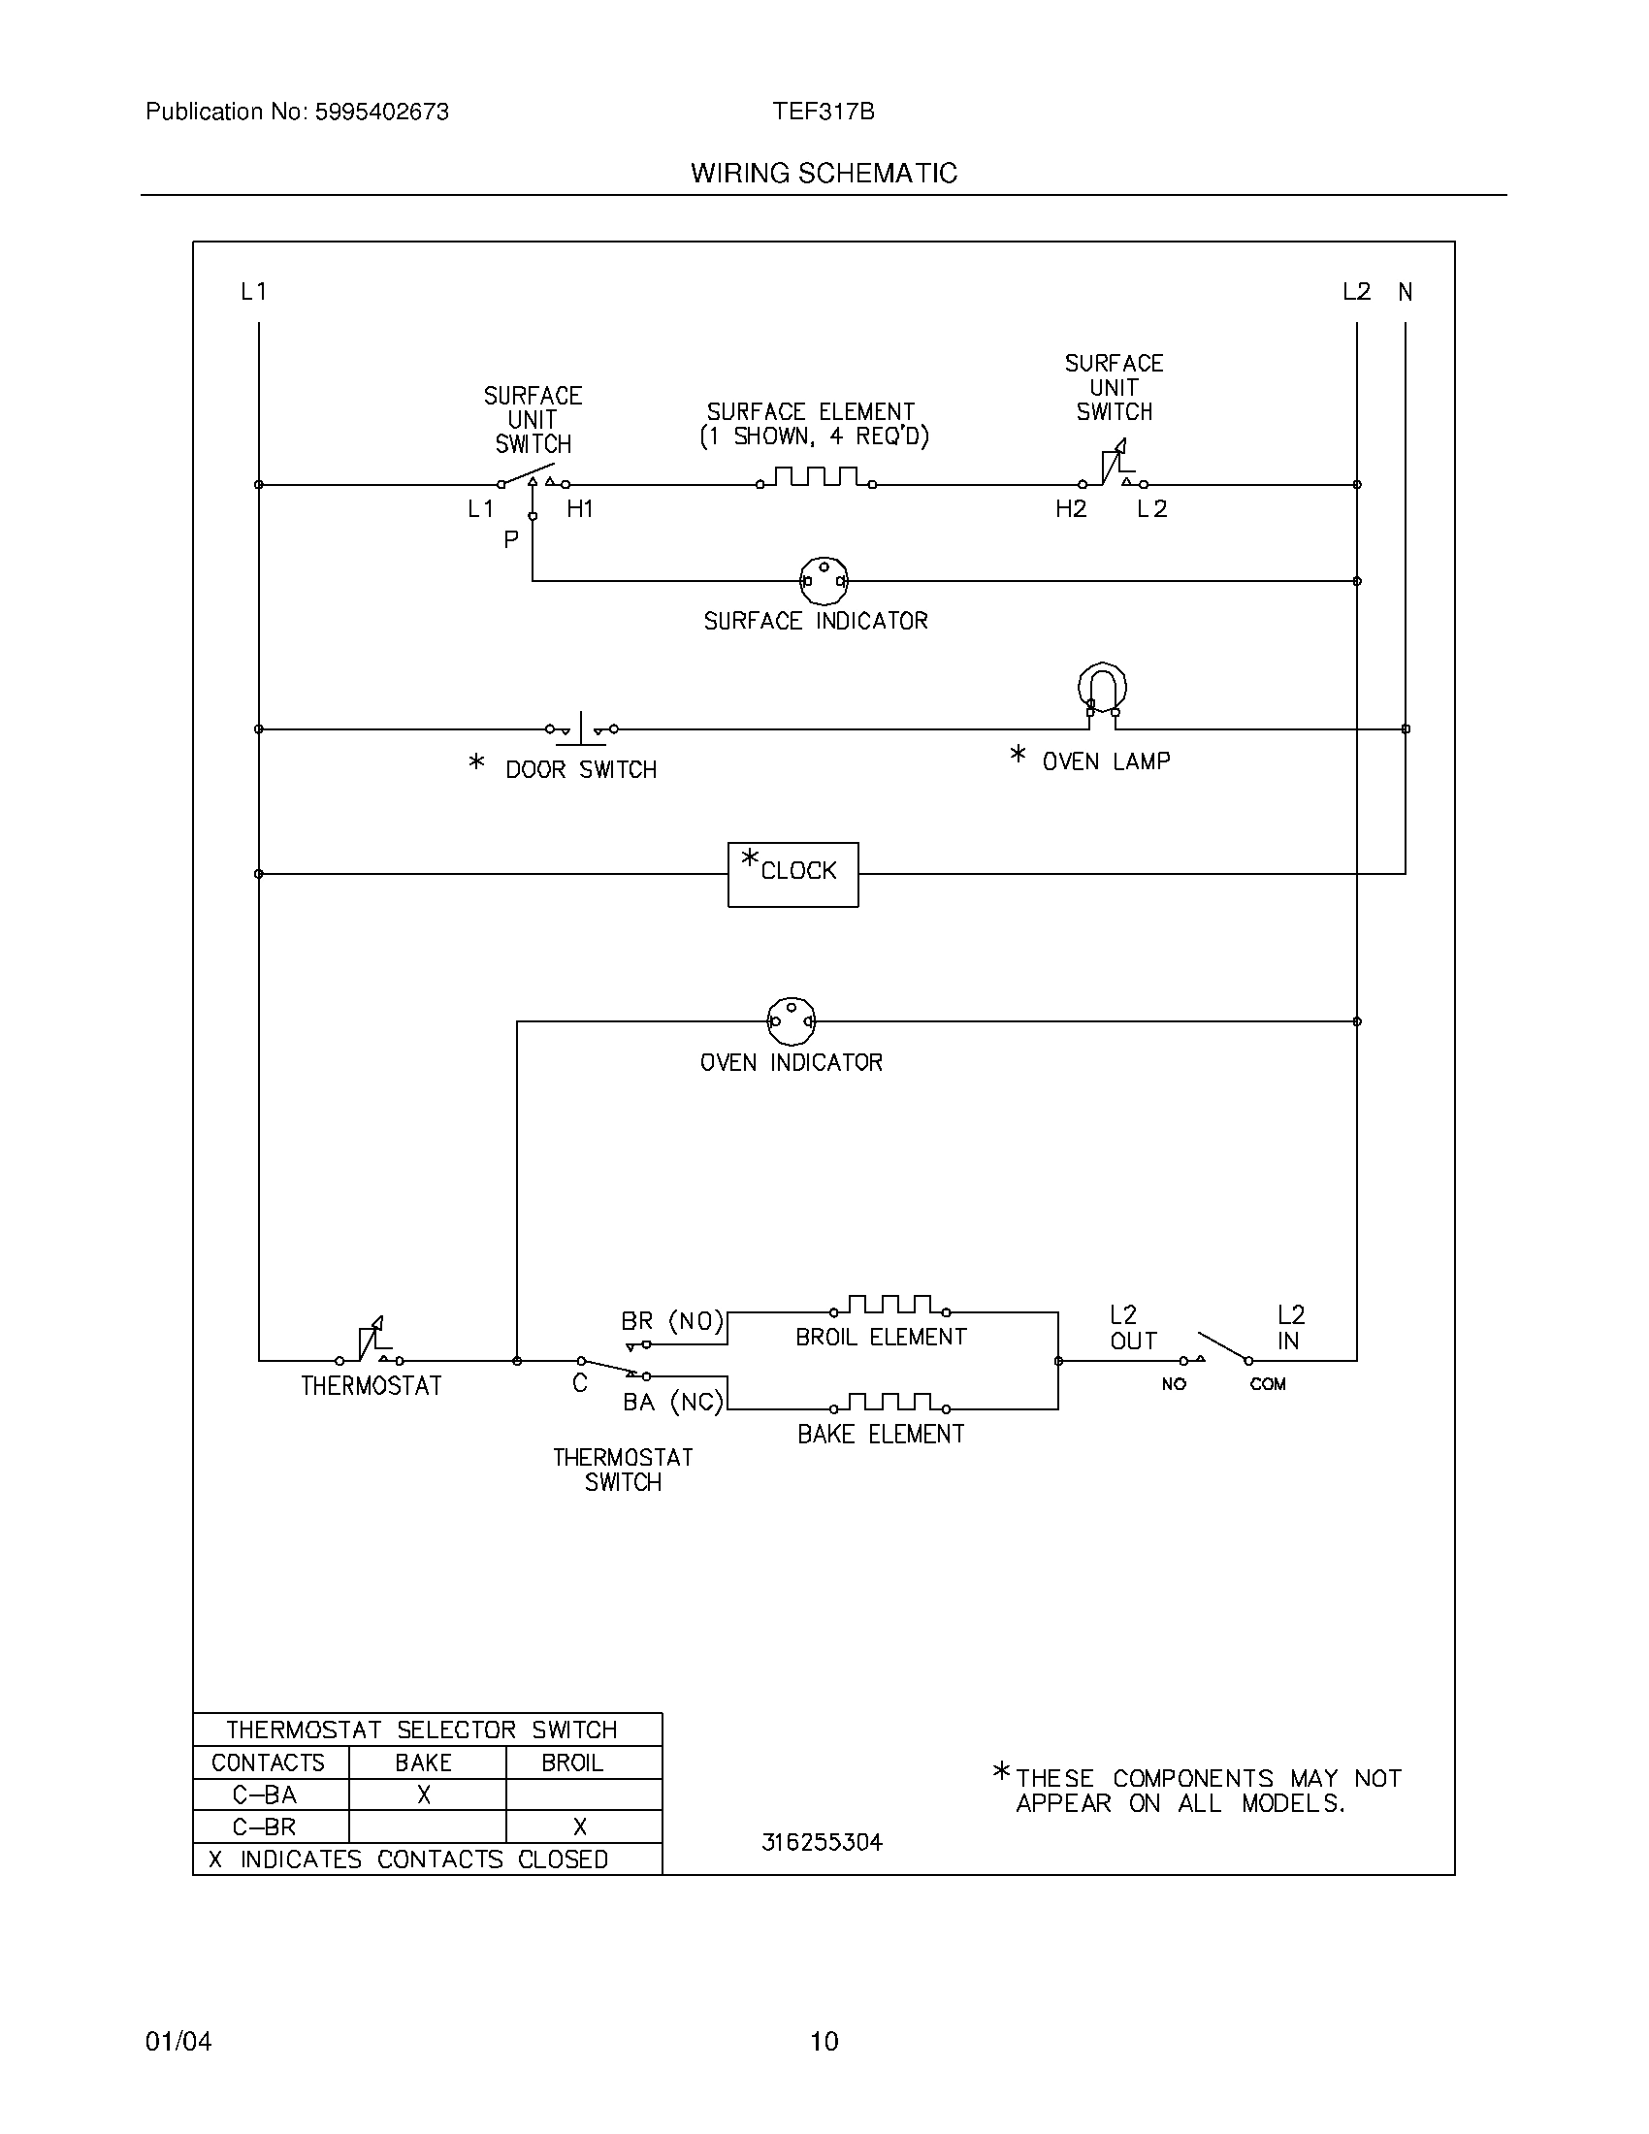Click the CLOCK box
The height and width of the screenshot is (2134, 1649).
pos(792,875)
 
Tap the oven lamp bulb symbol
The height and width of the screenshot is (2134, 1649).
pos(1102,689)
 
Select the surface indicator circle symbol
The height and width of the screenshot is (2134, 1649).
pos(824,581)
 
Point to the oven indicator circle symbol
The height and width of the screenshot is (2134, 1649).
pos(792,1021)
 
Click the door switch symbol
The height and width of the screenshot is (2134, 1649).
pos(581,728)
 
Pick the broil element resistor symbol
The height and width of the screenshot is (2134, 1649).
pos(889,1306)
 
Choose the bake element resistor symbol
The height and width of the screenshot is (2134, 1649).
pos(889,1404)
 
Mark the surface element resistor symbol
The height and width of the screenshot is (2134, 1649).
pos(817,478)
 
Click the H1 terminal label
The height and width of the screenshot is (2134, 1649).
pos(580,509)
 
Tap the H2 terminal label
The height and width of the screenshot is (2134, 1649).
pos(1071,509)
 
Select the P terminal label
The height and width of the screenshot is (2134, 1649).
pos(511,540)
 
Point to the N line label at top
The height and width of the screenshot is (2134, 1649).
pos(1405,292)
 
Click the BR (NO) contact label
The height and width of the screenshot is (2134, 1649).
pos(672,1322)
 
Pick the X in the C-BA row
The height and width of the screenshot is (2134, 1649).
pos(424,1794)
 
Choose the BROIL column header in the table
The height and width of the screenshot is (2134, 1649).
pos(572,1762)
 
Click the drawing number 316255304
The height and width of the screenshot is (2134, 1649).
pos(822,1842)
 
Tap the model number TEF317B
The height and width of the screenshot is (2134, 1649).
pos(823,113)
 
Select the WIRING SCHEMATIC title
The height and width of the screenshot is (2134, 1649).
pos(824,173)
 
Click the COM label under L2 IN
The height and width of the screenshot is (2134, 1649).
pos(1267,1383)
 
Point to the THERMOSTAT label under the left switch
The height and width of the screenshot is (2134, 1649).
pos(372,1385)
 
